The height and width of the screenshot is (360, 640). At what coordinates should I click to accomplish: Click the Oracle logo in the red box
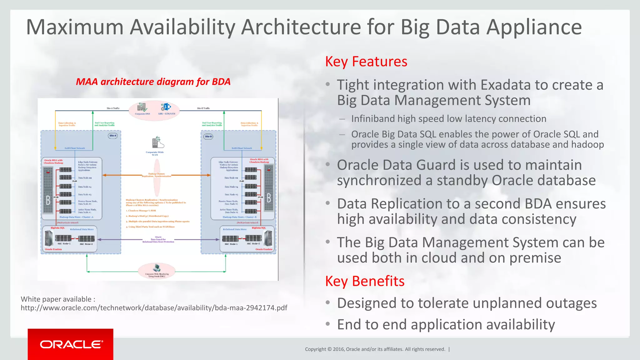point(71,344)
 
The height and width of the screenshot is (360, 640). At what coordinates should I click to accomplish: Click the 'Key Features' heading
point(366,62)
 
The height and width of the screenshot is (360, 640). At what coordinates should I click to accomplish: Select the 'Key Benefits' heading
point(365,281)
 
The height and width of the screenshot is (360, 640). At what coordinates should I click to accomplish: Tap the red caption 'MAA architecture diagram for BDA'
point(153,82)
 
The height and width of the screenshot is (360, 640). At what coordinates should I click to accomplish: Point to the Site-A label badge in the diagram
point(113,136)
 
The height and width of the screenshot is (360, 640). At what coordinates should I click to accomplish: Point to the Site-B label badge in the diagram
point(208,137)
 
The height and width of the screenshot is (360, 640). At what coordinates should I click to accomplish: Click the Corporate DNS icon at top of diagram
point(142,107)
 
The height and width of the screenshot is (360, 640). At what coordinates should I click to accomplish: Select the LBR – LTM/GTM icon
point(166,107)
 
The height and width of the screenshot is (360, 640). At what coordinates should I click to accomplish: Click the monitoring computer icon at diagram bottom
point(157,268)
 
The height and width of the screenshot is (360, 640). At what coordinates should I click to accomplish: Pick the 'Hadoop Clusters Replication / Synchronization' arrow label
point(157,175)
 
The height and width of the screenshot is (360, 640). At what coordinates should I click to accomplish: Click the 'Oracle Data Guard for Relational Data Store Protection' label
point(158,240)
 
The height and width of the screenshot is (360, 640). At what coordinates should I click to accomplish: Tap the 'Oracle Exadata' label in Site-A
point(53,249)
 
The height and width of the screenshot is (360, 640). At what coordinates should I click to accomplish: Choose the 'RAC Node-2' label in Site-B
point(253,244)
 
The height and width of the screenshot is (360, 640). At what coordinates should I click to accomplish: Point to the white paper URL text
point(154,308)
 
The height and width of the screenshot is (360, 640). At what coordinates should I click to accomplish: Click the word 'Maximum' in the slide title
point(75,27)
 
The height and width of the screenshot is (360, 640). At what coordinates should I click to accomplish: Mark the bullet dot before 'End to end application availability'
point(327,324)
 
